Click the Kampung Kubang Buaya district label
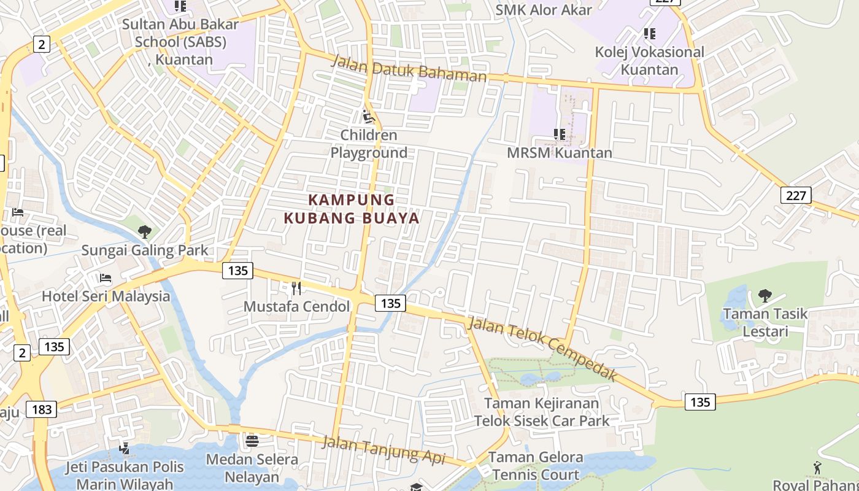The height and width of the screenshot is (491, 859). click(352, 209)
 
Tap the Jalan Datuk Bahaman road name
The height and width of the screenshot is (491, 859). click(409, 69)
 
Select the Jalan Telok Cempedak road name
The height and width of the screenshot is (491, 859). click(542, 349)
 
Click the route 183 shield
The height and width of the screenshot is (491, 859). click(41, 409)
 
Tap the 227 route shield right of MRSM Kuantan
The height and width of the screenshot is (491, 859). click(796, 195)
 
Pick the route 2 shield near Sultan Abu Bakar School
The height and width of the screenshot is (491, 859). click(41, 44)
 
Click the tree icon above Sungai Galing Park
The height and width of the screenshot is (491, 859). click(145, 232)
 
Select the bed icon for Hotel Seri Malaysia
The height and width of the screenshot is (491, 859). click(106, 278)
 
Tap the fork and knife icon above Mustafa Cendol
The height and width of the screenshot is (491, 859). click(296, 288)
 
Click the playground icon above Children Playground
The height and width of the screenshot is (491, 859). click(368, 117)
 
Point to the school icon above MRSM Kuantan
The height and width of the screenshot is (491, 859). click(559, 134)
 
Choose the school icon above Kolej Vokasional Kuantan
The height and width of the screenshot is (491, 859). click(649, 34)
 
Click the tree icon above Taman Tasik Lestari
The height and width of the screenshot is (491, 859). click(765, 296)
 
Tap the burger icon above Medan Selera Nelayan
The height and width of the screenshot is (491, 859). click(252, 441)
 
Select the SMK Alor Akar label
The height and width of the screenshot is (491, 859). click(544, 10)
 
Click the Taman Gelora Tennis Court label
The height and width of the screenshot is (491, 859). click(535, 466)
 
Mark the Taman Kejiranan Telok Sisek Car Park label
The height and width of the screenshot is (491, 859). click(542, 412)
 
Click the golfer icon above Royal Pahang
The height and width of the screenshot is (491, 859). click(817, 468)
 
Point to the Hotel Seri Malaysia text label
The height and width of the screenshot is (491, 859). click(106, 296)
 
